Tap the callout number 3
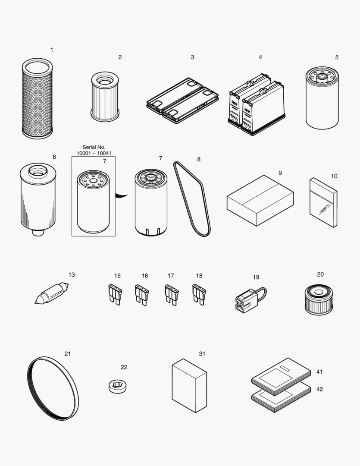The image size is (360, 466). click(193, 57)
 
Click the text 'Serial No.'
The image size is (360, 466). click(94, 147)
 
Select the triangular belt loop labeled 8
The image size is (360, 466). click(193, 198)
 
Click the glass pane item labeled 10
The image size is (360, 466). click(323, 202)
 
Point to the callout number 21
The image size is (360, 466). click(68, 354)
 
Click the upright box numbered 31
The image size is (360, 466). click(189, 385)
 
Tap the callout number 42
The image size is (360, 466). click(319, 389)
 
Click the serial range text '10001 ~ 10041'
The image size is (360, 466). click(94, 153)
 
